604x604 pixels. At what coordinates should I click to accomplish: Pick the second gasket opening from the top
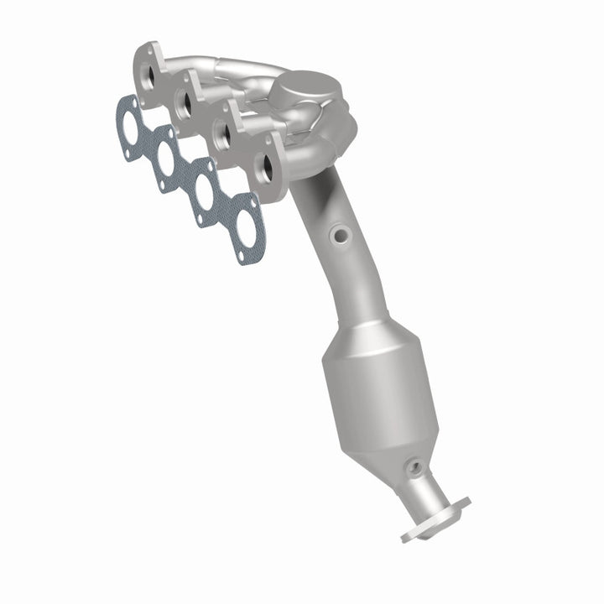coord(165,160)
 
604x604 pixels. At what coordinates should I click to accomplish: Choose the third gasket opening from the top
coord(204,192)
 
